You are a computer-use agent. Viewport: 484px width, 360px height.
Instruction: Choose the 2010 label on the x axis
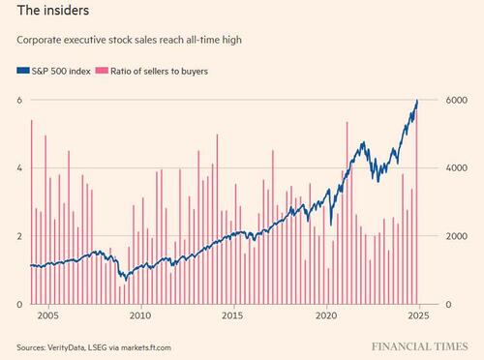click(141, 316)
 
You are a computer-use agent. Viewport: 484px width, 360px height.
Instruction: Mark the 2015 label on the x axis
click(233, 316)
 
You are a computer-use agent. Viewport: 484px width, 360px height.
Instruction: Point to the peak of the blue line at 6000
click(417, 101)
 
